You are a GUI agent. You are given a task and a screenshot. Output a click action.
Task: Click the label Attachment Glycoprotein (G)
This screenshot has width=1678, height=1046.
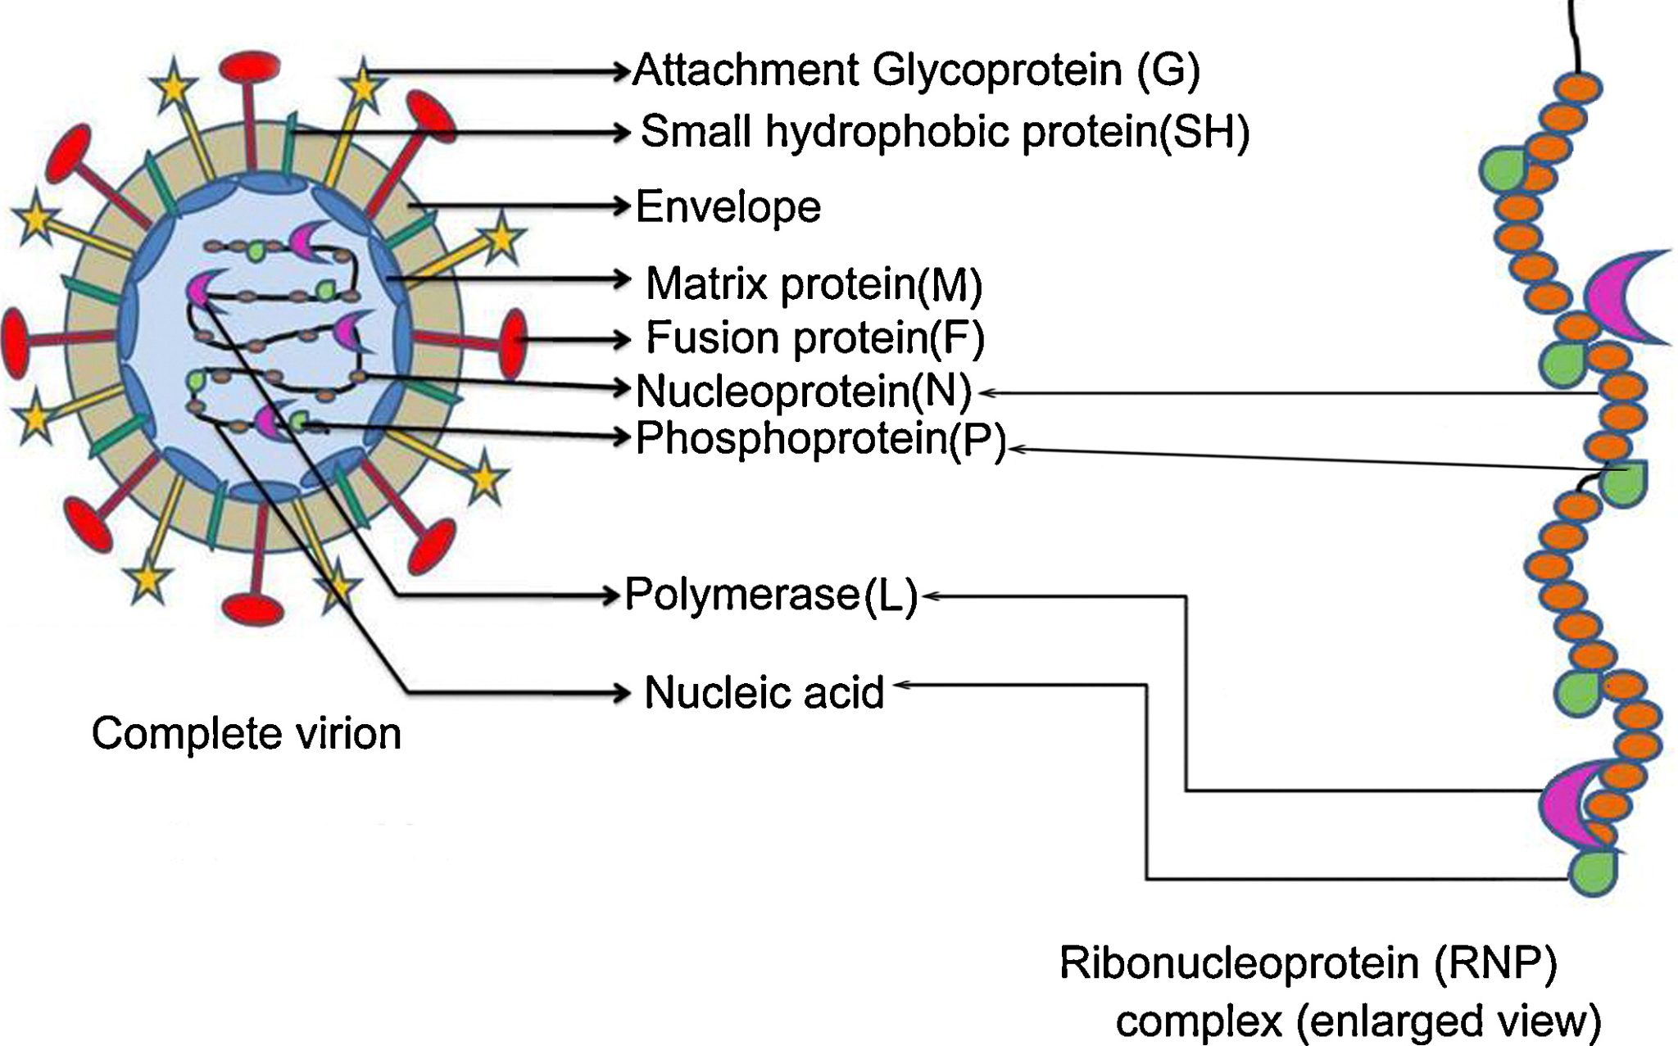coord(916,70)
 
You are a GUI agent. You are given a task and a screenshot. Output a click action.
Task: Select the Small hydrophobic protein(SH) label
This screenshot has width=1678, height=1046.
coord(945,132)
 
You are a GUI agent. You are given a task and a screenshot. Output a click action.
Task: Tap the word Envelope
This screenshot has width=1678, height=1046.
coord(728,206)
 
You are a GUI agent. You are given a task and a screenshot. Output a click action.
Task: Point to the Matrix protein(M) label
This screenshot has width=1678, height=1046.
coord(814,283)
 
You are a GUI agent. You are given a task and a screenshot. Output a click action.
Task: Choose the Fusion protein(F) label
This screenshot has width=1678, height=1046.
coord(815,337)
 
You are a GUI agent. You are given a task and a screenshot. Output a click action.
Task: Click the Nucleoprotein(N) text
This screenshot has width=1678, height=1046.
coord(804,391)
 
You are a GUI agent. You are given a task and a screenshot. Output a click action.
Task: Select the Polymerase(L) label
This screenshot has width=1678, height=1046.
coord(771,594)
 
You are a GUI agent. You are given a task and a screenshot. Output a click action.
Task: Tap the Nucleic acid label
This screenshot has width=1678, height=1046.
coord(764,693)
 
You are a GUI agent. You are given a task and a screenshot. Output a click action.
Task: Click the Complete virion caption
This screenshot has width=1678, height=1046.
coord(246,733)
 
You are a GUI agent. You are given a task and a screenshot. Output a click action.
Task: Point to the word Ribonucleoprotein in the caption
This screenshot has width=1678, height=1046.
coord(1239,962)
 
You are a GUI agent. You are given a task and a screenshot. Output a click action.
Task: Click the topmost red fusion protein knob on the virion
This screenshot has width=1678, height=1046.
coord(250,66)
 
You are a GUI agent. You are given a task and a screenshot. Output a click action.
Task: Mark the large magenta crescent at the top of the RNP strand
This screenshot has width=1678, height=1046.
coord(1622,297)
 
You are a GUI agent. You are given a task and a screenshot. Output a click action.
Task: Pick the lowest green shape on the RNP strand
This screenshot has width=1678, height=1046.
coord(1594,873)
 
